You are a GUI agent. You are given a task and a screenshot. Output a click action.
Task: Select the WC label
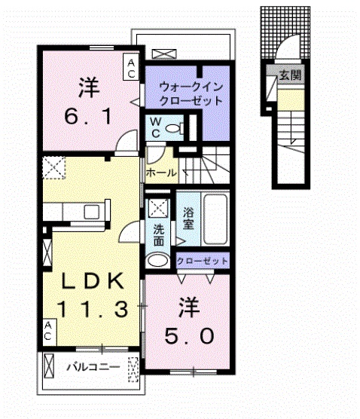coord(154,127)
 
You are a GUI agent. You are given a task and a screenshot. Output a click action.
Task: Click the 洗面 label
coord(159,237)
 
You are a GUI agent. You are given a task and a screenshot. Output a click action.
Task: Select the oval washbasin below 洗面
coord(159,261)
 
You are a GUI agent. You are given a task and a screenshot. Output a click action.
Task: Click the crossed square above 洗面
coord(157,209)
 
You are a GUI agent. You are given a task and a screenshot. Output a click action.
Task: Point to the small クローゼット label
coord(202,261)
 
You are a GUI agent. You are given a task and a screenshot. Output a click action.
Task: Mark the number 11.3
coord(92,307)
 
